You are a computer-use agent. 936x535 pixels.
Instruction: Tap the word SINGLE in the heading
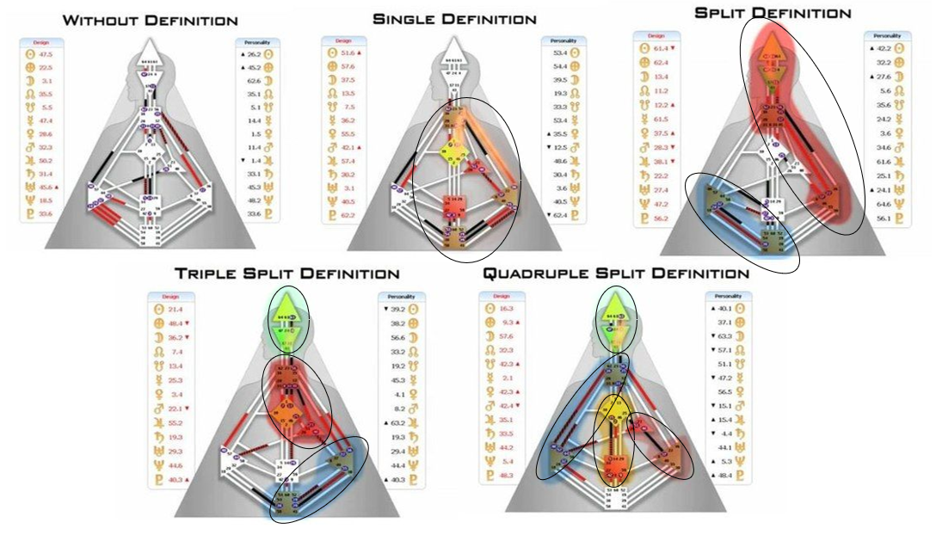(408, 18)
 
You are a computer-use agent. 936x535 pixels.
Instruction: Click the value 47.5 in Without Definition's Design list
(46, 52)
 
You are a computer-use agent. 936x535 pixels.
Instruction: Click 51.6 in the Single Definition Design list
(348, 53)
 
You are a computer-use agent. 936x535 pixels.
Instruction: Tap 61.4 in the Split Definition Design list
(662, 48)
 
